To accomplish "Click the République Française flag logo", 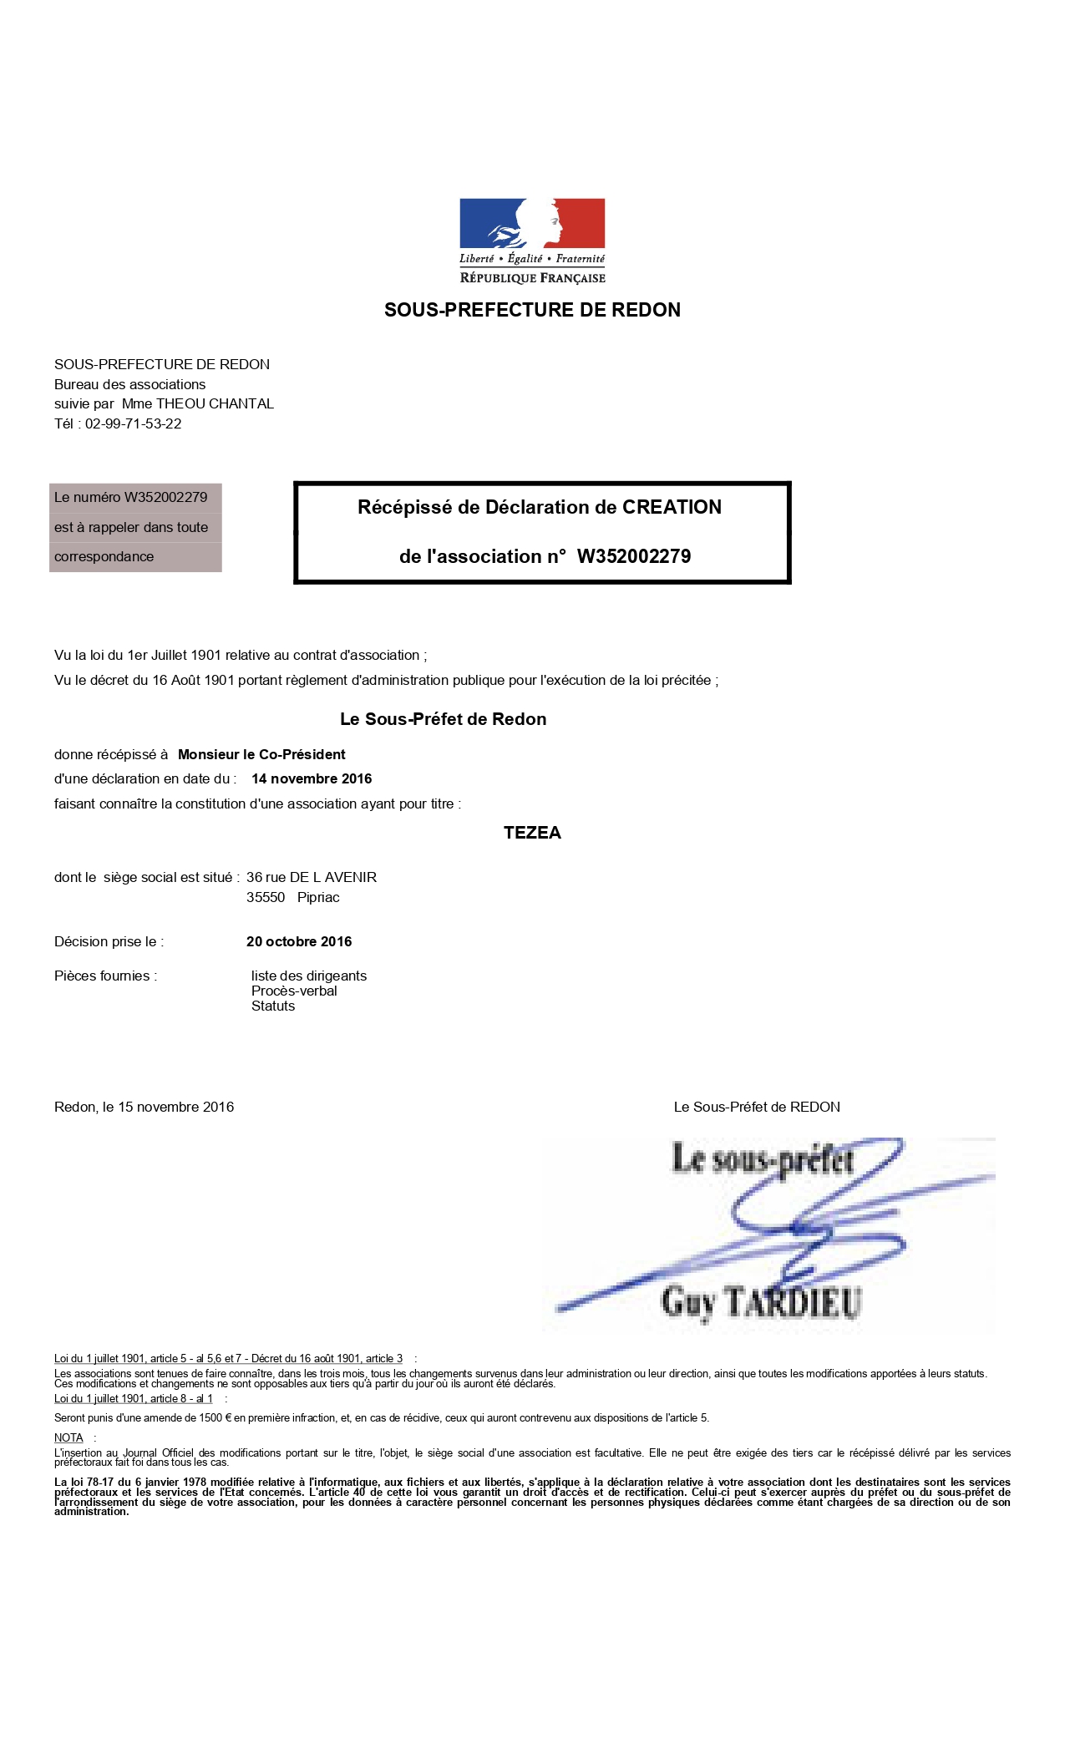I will pyautogui.click(x=532, y=224).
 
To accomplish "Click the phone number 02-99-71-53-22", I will pyautogui.click(x=134, y=423).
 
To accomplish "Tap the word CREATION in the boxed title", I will pyautogui.click(x=672, y=507).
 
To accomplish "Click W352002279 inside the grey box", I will pyautogui.click(x=165, y=497).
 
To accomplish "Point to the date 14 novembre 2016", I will pyautogui.click(x=312, y=778).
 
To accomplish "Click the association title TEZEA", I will pyautogui.click(x=532, y=833).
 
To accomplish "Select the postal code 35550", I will pyautogui.click(x=266, y=897).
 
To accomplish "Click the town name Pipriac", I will pyautogui.click(x=318, y=897).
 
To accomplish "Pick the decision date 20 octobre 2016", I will pyautogui.click(x=299, y=941).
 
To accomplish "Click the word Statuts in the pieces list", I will pyautogui.click(x=273, y=1006).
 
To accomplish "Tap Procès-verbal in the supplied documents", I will pyautogui.click(x=294, y=991).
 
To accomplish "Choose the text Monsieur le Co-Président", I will pyautogui.click(x=261, y=754).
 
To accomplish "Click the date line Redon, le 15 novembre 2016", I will pyautogui.click(x=144, y=1107).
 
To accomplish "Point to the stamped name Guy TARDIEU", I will pyautogui.click(x=760, y=1301).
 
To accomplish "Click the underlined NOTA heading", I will pyautogui.click(x=68, y=1437).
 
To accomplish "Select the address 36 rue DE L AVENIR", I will pyautogui.click(x=312, y=877).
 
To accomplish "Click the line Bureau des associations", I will pyautogui.click(x=129, y=384).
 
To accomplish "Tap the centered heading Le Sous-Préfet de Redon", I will pyautogui.click(x=443, y=719).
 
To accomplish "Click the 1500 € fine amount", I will pyautogui.click(x=216, y=1417).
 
